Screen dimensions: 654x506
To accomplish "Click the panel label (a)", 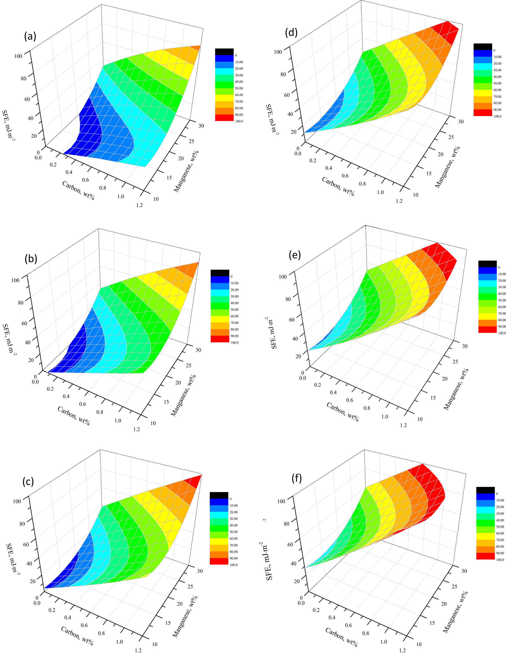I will coord(30,36).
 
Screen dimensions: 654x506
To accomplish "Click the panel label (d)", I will coord(291,32).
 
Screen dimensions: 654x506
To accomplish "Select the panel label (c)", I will coord(28,481).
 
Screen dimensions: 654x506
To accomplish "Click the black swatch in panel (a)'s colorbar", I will coord(224,51).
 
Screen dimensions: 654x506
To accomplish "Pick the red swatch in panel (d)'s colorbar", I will coord(483,113).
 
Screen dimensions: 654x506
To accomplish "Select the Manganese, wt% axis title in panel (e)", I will coord(456,389).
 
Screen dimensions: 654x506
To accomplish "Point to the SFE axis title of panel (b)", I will coord(9,339).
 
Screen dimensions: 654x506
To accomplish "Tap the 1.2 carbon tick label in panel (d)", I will coord(399,201).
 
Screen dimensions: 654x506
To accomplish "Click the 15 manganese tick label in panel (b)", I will coord(166,402).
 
